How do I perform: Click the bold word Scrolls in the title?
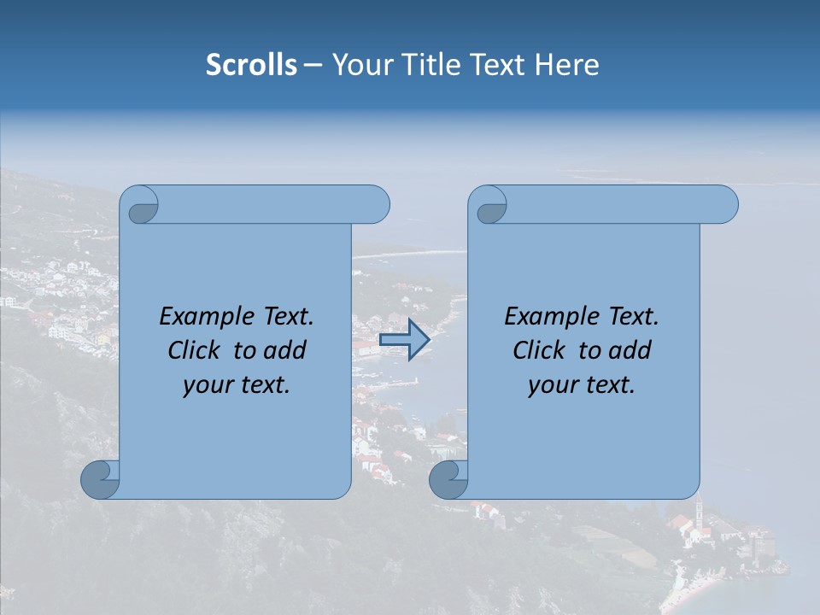(251, 65)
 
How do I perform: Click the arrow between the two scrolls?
(403, 340)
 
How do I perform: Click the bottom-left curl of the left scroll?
(101, 479)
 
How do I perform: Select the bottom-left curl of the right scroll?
(449, 479)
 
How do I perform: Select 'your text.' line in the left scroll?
(237, 385)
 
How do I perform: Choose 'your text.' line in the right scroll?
(582, 385)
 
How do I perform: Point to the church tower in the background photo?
(699, 516)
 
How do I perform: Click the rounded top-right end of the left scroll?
(376, 205)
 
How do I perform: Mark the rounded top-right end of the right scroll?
(724, 205)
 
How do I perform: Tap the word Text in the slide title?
(495, 65)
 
